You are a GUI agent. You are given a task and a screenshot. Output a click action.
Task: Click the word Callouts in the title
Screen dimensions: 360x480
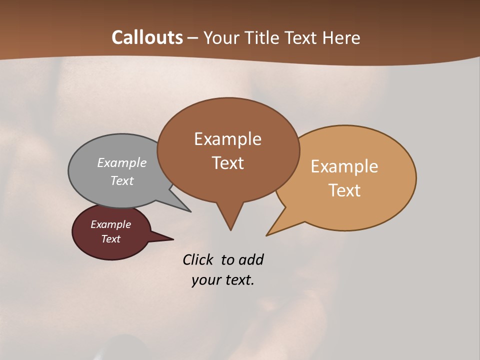click(147, 37)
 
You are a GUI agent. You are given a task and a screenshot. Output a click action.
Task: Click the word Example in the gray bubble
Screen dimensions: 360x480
click(122, 162)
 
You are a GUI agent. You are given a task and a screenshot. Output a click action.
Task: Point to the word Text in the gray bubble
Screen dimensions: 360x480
click(122, 180)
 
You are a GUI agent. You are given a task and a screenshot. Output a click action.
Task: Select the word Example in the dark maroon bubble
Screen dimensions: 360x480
click(110, 224)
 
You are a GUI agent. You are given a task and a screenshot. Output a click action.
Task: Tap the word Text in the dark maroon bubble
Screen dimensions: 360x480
click(111, 239)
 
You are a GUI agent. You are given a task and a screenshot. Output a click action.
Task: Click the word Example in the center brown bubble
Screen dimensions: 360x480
click(227, 139)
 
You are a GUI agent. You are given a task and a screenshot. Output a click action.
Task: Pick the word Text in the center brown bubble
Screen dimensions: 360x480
click(228, 163)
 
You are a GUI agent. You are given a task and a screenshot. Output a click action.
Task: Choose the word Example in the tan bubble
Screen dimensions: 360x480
click(344, 166)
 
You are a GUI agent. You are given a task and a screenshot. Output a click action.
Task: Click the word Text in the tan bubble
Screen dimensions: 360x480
click(345, 190)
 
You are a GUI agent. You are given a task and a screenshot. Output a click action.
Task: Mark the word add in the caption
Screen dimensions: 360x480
click(251, 260)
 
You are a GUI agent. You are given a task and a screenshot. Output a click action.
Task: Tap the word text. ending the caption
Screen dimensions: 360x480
click(239, 280)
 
